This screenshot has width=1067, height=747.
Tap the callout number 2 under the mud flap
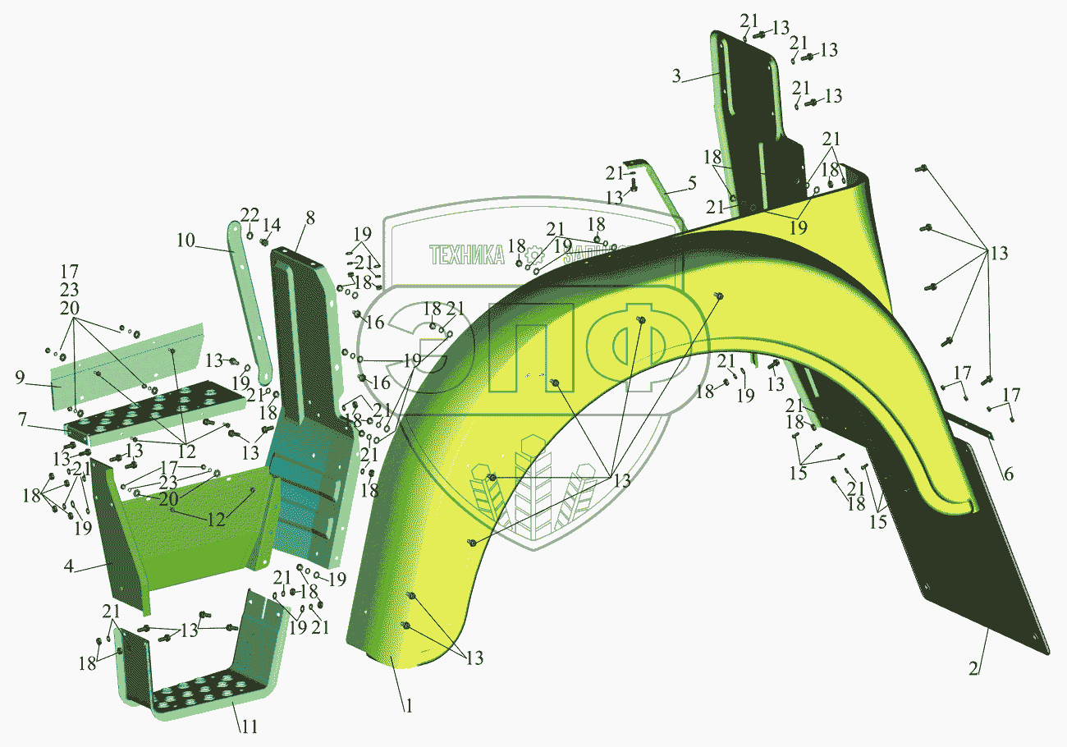coord(973,667)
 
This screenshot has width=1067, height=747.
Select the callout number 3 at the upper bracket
coord(675,77)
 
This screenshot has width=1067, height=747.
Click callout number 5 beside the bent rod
coord(692,183)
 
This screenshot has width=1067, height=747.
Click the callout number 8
coord(309,218)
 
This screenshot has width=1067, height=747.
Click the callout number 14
coord(271,225)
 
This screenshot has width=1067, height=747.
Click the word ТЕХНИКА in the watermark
coord(467,255)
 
